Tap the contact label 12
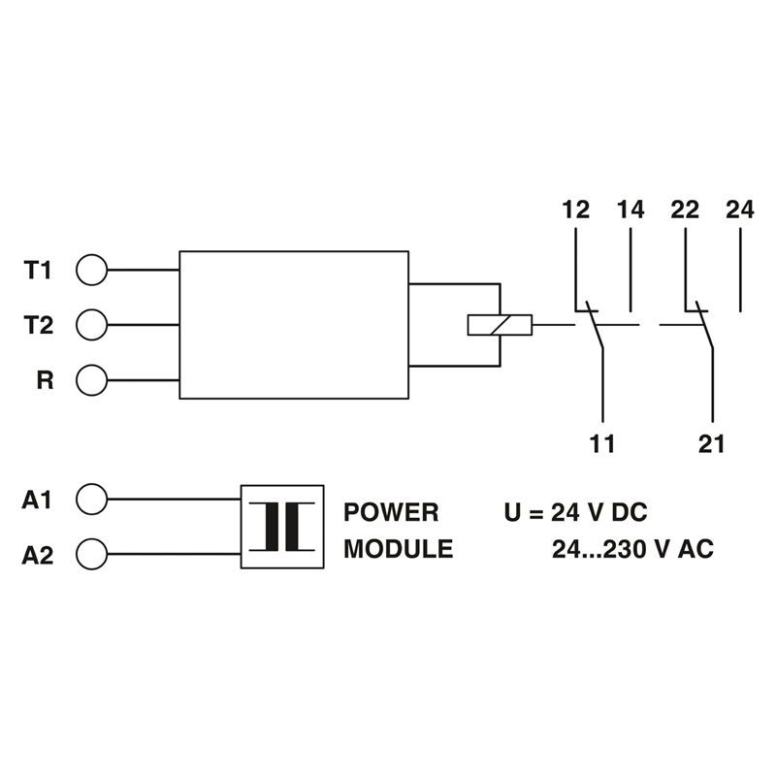pos(575,210)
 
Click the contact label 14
pos(630,210)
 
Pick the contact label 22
pos(685,210)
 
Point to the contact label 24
pos(740,210)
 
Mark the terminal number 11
pos(602,443)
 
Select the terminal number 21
pos(712,443)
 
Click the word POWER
pos(391,512)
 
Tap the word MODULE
pos(399,549)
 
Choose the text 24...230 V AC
pos(633,549)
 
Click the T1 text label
pos(38,271)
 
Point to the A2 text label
pos(37,555)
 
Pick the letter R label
pos(45,380)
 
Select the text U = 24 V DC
pos(575,512)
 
